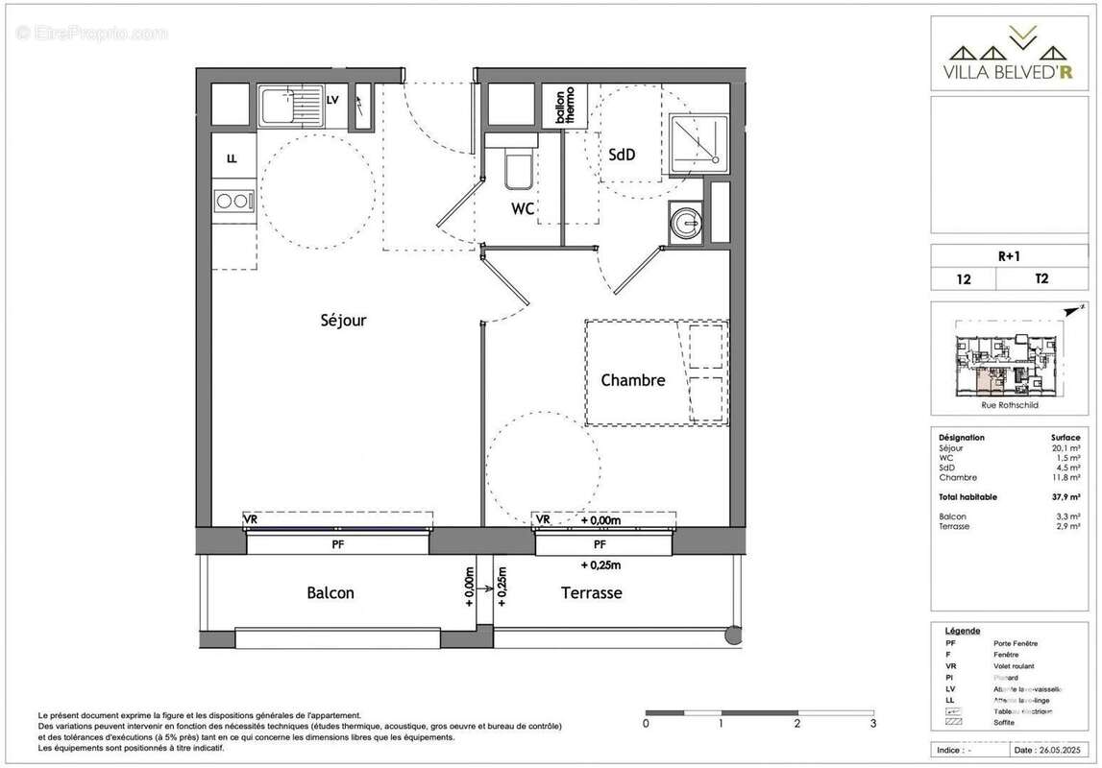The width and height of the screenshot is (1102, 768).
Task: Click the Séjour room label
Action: pyautogui.click(x=343, y=321)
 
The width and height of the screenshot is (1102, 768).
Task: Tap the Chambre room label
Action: pyautogui.click(x=632, y=380)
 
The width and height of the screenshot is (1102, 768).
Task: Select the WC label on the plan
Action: pyautogui.click(x=523, y=208)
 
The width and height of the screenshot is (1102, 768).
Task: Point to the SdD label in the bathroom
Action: pyautogui.click(x=622, y=155)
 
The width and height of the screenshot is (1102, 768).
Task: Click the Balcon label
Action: pyautogui.click(x=331, y=593)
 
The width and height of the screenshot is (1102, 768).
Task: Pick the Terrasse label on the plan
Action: pyautogui.click(x=591, y=593)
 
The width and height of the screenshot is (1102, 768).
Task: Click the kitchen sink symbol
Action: pyautogui.click(x=290, y=106)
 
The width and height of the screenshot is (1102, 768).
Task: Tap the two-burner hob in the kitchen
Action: pyautogui.click(x=233, y=202)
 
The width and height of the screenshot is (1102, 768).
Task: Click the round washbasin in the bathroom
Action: pyautogui.click(x=686, y=224)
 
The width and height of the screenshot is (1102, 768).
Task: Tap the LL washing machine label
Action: pyautogui.click(x=232, y=159)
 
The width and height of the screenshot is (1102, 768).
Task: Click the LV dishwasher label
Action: pyautogui.click(x=332, y=100)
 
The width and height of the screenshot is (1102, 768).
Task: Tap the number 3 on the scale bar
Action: pyautogui.click(x=872, y=723)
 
